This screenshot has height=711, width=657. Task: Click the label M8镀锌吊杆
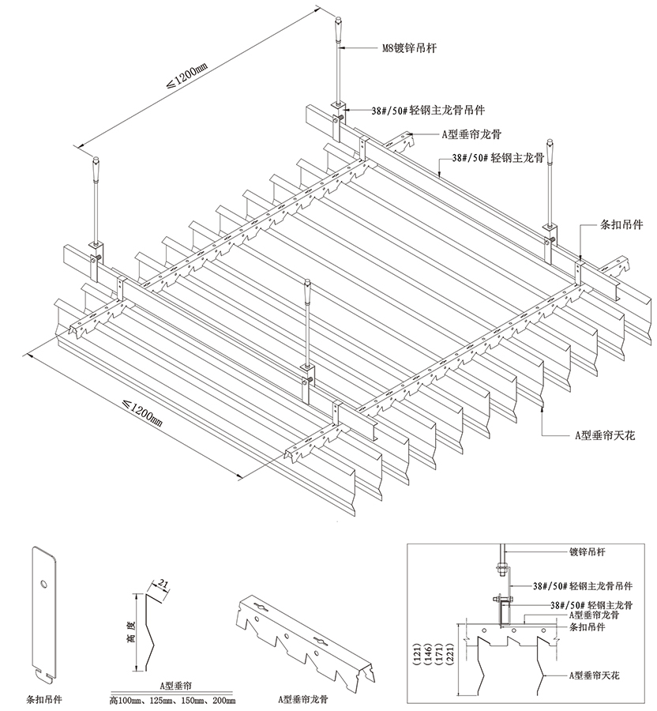pyautogui.click(x=410, y=48)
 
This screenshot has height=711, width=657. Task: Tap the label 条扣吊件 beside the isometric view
pyautogui.click(x=621, y=224)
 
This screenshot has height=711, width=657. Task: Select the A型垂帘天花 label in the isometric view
pyautogui.click(x=605, y=435)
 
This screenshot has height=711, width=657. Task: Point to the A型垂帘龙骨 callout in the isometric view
pyautogui.click(x=471, y=134)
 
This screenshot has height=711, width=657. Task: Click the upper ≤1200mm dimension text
pyautogui.click(x=186, y=76)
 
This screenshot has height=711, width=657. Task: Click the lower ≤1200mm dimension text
pyautogui.click(x=142, y=412)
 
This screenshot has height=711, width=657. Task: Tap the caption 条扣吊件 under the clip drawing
pyautogui.click(x=43, y=699)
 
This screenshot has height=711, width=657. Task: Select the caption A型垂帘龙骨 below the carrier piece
pyautogui.click(x=303, y=699)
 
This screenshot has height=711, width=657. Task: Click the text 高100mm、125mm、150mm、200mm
pyautogui.click(x=172, y=701)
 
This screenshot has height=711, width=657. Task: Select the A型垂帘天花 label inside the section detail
pyautogui.click(x=594, y=675)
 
